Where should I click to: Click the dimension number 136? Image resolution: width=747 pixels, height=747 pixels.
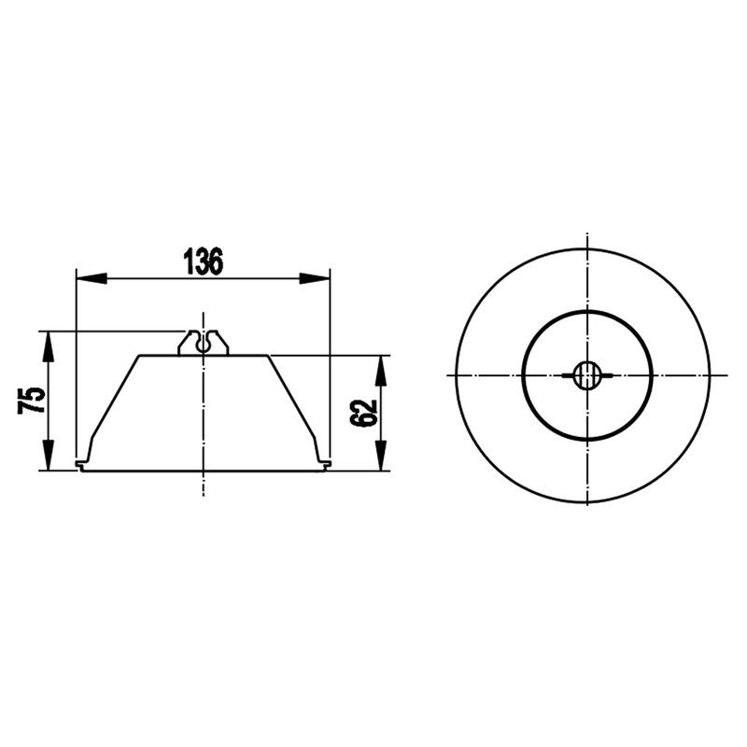[204, 261]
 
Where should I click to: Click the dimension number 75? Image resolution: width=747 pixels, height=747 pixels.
[32, 401]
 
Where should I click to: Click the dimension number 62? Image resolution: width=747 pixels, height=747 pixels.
[363, 413]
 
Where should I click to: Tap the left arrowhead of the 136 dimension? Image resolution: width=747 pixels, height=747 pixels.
[92, 278]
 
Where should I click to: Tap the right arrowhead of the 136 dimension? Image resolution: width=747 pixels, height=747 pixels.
[315, 278]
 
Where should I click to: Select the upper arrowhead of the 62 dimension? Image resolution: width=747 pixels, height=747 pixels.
[380, 371]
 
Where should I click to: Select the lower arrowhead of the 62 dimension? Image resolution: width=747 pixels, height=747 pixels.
[380, 456]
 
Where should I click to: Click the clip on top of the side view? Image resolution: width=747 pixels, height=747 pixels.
[204, 343]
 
